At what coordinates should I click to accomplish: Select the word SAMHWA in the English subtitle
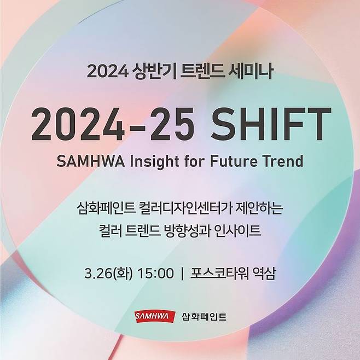(x=88, y=161)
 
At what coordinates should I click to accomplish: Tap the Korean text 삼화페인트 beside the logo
(x=203, y=317)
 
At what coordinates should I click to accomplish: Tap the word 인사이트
(x=245, y=231)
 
